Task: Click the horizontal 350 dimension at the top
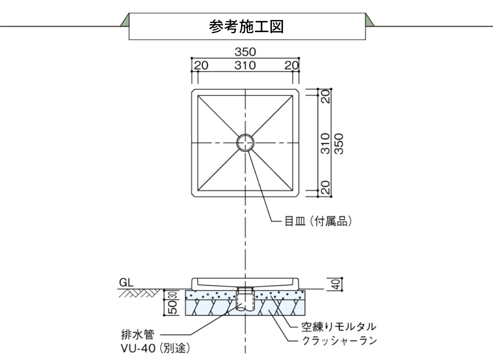245,52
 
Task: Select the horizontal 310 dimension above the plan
245,66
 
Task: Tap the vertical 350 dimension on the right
338,143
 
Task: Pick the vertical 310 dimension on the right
325,143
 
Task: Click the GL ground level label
126,282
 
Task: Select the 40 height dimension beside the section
337,283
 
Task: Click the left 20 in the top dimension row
201,66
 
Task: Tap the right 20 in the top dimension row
291,66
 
